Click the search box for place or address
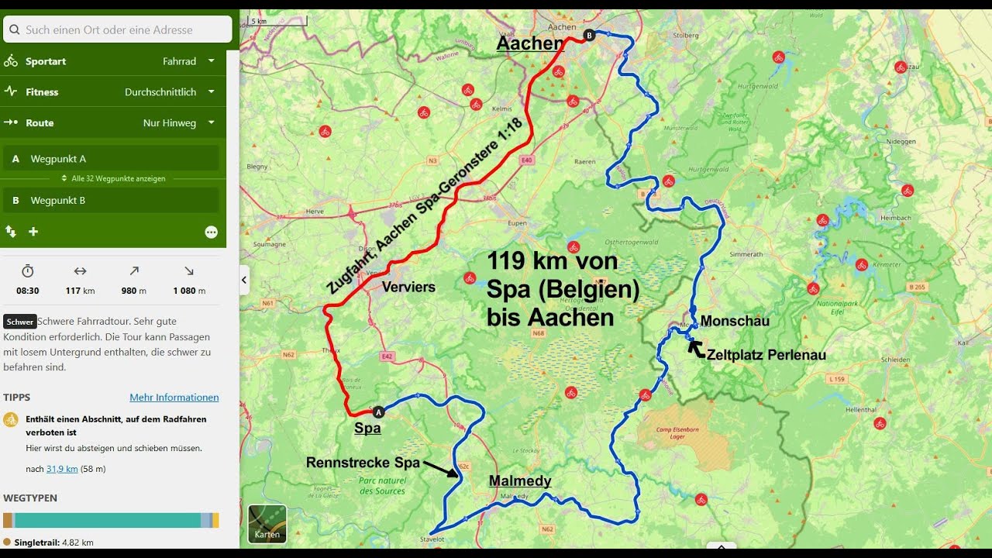118,29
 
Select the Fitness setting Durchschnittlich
170,92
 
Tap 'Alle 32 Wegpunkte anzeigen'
114,178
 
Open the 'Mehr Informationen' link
174,398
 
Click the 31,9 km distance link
62,469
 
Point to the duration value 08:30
28,291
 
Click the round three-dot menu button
211,232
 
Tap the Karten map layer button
267,524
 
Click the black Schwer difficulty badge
20,322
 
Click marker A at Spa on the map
378,412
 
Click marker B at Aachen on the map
589,35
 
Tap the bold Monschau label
735,321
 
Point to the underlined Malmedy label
520,481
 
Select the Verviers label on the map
408,287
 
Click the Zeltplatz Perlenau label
766,355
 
